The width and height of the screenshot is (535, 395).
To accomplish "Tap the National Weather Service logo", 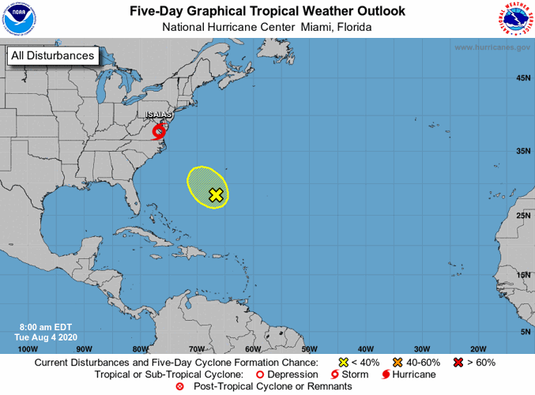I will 514,20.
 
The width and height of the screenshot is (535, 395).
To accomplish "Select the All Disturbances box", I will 53,55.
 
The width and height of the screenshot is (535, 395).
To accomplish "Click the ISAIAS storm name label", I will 159,115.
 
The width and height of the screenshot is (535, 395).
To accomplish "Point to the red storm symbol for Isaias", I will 160,130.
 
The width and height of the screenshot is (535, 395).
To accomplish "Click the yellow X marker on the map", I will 216,194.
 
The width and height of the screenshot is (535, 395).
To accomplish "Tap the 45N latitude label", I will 522,78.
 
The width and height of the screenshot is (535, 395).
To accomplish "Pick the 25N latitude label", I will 522,215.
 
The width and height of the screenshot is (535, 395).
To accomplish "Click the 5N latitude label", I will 525,332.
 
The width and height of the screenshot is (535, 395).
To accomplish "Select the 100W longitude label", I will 28,348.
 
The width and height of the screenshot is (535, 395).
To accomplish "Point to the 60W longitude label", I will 253,348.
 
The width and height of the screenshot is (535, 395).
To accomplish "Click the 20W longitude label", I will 477,348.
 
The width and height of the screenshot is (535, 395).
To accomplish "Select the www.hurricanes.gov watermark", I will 492,47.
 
